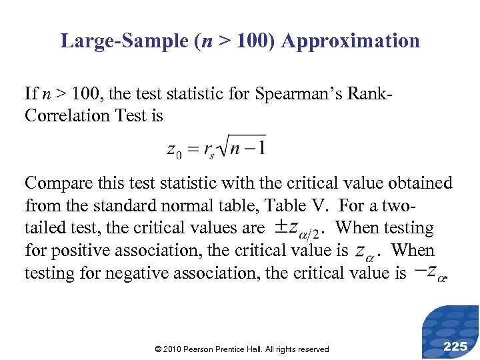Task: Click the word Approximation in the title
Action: [x=351, y=41]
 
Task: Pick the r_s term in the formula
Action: [x=210, y=150]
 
